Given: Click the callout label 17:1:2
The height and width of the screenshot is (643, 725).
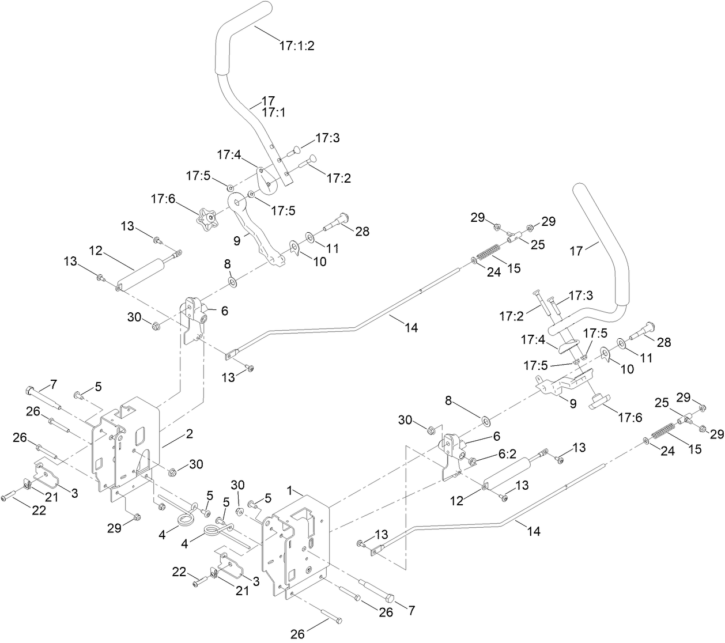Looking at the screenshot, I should point(297,46).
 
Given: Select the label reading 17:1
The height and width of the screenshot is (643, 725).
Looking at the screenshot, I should point(274,113).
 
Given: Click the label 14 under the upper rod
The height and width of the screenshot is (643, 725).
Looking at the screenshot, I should point(411,328).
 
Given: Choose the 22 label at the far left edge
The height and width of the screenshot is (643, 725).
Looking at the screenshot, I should point(39,510).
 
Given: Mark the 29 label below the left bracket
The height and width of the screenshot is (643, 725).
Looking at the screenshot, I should point(115,528).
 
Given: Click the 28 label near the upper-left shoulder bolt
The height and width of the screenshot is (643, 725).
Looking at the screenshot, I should point(363,232).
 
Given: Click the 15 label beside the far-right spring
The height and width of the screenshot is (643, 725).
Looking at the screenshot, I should point(695,448).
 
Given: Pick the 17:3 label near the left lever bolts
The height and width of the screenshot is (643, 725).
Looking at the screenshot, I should point(327,138).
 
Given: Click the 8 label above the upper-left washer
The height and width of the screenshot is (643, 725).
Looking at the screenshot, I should point(227,263).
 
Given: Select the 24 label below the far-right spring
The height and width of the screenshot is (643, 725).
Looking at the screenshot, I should point(667,452).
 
